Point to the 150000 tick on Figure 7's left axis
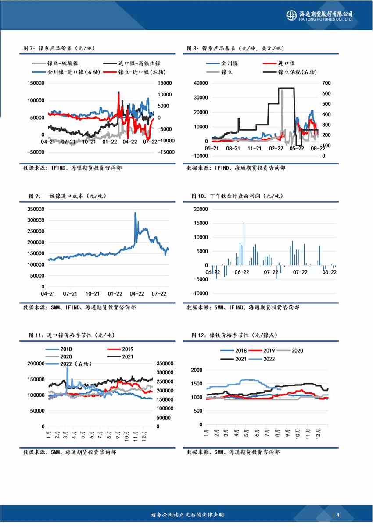[x=36, y=83]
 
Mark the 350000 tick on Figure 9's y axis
[x=36, y=210]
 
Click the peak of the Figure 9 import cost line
[x=135, y=213]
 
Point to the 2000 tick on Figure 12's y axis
[x=197, y=370]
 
